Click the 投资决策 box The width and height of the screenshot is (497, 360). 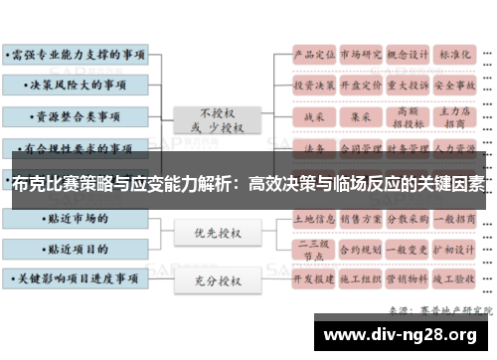coord(313,85)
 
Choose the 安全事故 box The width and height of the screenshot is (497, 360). coord(455,85)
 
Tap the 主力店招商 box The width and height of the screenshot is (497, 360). coord(455,116)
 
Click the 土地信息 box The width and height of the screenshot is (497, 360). coord(313,216)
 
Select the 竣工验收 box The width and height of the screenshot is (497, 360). coord(455,280)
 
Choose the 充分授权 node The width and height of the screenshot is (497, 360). coord(218,281)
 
